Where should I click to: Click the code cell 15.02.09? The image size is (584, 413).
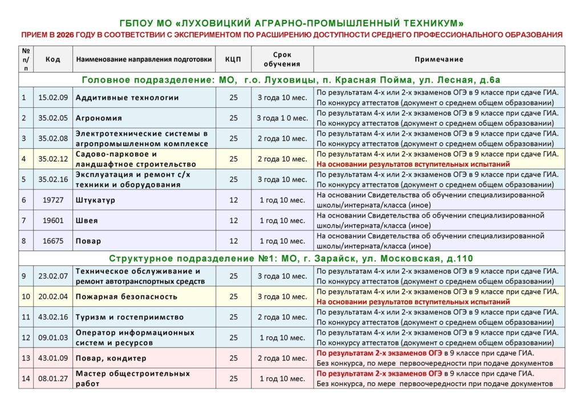click(x=53, y=98)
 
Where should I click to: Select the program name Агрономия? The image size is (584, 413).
click(x=99, y=118)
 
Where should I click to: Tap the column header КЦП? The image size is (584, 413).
click(x=233, y=59)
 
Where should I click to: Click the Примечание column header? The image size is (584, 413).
click(x=439, y=59)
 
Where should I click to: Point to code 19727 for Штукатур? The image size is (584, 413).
click(x=53, y=200)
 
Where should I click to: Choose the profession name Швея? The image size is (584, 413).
click(x=87, y=220)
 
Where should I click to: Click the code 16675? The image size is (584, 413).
click(x=53, y=241)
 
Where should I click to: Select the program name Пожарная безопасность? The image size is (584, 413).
click(x=126, y=297)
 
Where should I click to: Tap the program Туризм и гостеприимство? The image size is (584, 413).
click(x=129, y=317)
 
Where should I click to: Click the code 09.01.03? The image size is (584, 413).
click(x=53, y=337)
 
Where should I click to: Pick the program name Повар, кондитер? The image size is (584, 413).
click(x=111, y=358)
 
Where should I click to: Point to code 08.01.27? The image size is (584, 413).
click(x=53, y=378)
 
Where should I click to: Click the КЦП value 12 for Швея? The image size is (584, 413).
click(x=233, y=220)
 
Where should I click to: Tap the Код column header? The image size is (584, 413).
click(x=53, y=59)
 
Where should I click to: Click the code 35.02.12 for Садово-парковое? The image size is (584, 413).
click(x=53, y=159)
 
